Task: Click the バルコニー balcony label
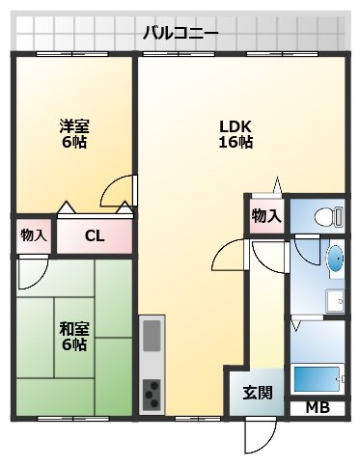180,32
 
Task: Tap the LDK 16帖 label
235,133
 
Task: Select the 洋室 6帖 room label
74,133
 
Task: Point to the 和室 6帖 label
74,337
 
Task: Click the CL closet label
94,234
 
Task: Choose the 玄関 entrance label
257,393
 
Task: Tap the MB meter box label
318,407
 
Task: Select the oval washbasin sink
335,259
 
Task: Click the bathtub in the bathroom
318,379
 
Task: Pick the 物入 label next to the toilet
266,215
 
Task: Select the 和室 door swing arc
29,271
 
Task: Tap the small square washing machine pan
335,300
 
